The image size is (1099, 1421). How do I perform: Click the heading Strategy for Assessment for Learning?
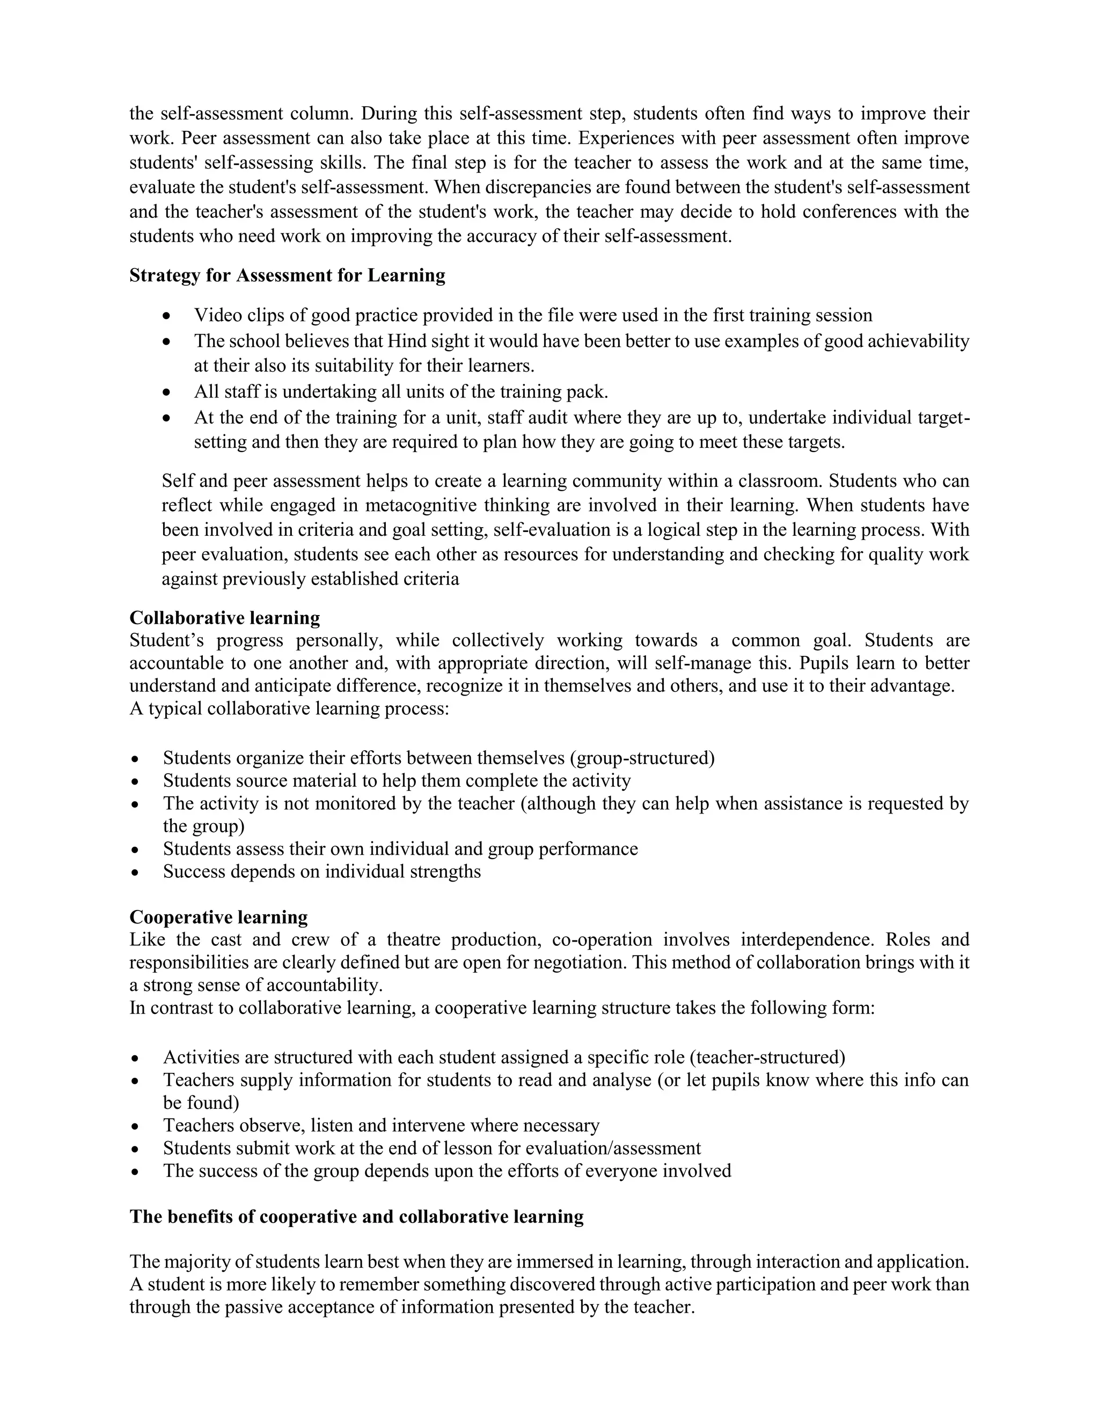click(x=287, y=275)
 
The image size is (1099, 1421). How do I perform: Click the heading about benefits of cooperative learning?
click(x=356, y=1216)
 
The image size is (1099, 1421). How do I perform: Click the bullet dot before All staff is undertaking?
click(x=167, y=393)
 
